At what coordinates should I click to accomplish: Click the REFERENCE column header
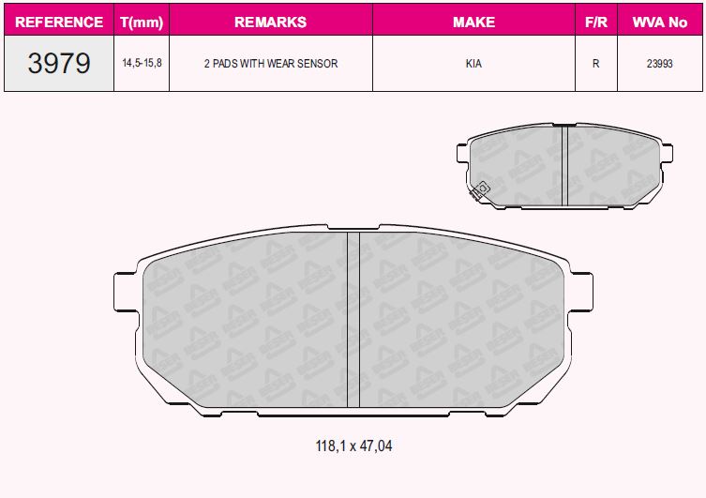59,23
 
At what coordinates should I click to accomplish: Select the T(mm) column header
142,23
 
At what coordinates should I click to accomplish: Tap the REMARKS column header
271,23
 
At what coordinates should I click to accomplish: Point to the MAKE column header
473,23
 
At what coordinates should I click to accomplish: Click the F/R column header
596,23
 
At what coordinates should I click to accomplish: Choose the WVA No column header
660,23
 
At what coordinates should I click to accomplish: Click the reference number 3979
59,63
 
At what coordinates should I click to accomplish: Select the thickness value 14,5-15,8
142,63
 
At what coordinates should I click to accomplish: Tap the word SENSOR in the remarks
318,64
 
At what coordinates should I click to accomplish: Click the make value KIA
473,64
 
